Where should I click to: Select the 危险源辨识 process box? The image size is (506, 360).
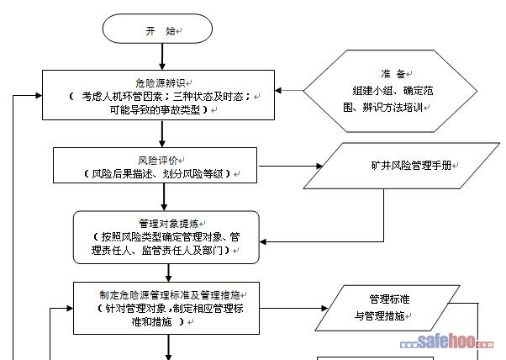[x=159, y=96]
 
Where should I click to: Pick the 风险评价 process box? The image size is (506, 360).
[x=159, y=166]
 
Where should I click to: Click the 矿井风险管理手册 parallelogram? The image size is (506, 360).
[x=392, y=165]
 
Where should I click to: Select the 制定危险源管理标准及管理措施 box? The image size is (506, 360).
[x=169, y=307]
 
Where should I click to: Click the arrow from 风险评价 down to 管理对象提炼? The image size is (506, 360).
[x=159, y=198]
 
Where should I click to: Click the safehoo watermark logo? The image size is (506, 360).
[x=451, y=341]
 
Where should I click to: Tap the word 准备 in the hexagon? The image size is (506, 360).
[x=392, y=74]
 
